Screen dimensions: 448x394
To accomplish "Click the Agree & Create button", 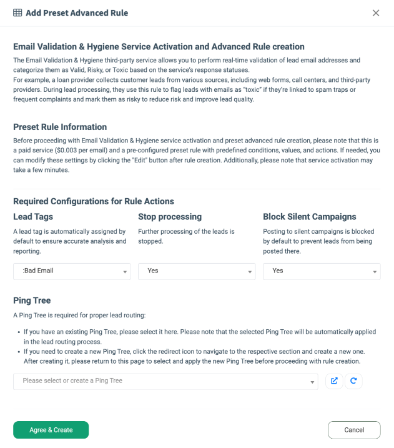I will point(51,430).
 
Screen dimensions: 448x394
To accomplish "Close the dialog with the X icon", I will point(376,13).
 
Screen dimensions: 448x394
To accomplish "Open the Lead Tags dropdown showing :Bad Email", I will point(72,271).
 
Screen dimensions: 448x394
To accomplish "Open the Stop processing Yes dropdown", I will point(197,271).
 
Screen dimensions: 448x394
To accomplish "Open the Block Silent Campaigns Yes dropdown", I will point(322,271).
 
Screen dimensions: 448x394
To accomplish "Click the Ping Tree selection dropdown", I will point(166,381).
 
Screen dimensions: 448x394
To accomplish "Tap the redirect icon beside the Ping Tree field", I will point(334,381).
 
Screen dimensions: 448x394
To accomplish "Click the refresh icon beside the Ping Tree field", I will point(353,381).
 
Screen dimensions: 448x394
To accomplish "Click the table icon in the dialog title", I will point(17,13).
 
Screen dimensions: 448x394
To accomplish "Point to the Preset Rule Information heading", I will point(60,127).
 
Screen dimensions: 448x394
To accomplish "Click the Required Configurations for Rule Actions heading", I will point(94,201).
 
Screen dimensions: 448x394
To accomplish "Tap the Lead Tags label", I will point(33,217).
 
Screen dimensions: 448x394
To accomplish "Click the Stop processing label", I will point(170,217).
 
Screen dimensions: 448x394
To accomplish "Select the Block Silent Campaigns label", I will point(310,217).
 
